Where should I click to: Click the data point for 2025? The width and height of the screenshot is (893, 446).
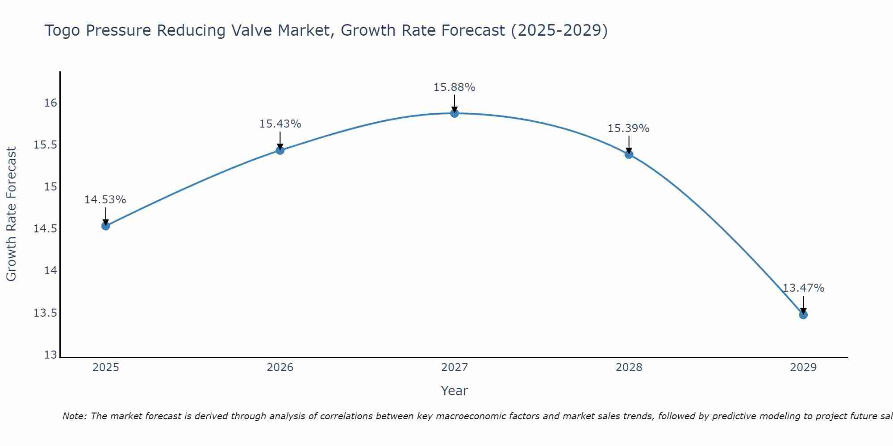pos(105,226)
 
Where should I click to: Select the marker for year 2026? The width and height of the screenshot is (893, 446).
pos(280,150)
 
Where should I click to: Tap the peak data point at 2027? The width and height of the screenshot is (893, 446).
pos(455,113)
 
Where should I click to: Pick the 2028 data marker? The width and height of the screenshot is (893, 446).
pos(629,154)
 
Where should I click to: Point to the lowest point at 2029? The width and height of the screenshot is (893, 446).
pos(803,315)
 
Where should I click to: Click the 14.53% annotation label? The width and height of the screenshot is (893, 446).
pos(105,200)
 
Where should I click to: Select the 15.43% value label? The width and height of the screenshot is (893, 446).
pos(280,124)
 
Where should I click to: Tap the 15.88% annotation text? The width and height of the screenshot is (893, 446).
pos(455,87)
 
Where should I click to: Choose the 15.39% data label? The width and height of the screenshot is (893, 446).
pos(629,128)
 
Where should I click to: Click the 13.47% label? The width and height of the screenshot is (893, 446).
pos(803,288)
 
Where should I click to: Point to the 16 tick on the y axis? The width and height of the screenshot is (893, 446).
pos(50,103)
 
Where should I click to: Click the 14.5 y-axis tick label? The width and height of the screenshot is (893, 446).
pos(46,229)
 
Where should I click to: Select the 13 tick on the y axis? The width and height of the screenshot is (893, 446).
pos(50,355)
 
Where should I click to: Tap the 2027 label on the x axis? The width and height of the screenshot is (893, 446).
pos(455,368)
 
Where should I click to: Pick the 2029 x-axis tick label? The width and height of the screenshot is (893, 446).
pos(803,368)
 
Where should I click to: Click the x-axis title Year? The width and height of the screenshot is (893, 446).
pos(455,391)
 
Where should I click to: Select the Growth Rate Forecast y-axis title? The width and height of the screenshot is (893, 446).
pos(12,214)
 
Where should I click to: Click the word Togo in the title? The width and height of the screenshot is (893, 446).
pos(62,31)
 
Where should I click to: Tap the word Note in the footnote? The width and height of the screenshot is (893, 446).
pos(75,416)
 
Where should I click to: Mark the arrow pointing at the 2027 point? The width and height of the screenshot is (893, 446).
pos(455,103)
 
